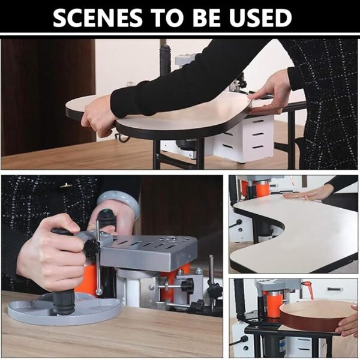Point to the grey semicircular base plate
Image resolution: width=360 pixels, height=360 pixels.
pyautogui.click(x=64, y=309)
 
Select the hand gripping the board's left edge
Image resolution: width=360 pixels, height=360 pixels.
pyautogui.click(x=99, y=117)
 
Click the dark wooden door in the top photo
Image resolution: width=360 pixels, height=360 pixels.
pyautogui.click(x=48, y=97)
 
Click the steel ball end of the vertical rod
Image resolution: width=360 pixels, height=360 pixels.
pyautogui.click(x=99, y=292)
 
